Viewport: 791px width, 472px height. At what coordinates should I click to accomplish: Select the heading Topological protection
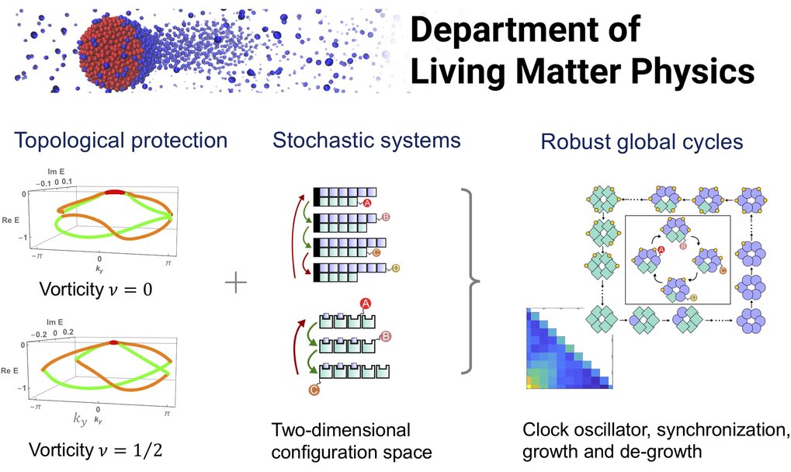121,141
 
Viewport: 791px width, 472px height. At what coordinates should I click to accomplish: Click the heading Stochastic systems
366,140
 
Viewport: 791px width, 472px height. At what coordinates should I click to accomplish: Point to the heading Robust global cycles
642,142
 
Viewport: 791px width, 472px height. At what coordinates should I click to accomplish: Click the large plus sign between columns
235,283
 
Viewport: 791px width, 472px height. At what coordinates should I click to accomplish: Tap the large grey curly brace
470,281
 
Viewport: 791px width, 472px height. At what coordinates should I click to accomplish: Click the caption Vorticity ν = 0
95,290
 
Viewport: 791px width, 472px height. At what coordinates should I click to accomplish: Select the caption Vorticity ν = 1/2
95,449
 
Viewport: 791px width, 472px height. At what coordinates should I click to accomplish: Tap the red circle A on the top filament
366,203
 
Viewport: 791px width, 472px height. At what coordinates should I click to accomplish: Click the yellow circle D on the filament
395,268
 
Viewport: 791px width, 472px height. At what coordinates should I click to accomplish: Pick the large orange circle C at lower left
314,390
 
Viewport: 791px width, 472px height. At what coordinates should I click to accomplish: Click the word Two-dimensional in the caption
341,430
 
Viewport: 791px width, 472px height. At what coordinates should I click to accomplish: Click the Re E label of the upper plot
10,220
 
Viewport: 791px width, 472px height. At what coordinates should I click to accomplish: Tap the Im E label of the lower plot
55,321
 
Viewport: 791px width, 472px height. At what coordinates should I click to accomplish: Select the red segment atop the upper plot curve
115,192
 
